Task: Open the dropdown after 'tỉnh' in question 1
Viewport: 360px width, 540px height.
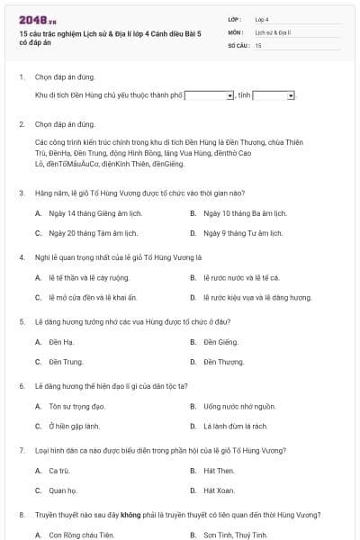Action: tap(274, 94)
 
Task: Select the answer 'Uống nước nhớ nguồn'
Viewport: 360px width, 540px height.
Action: tap(234, 406)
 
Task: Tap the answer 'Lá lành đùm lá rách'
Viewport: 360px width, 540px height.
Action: tap(235, 426)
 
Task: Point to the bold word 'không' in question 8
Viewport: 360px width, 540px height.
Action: tap(133, 515)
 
